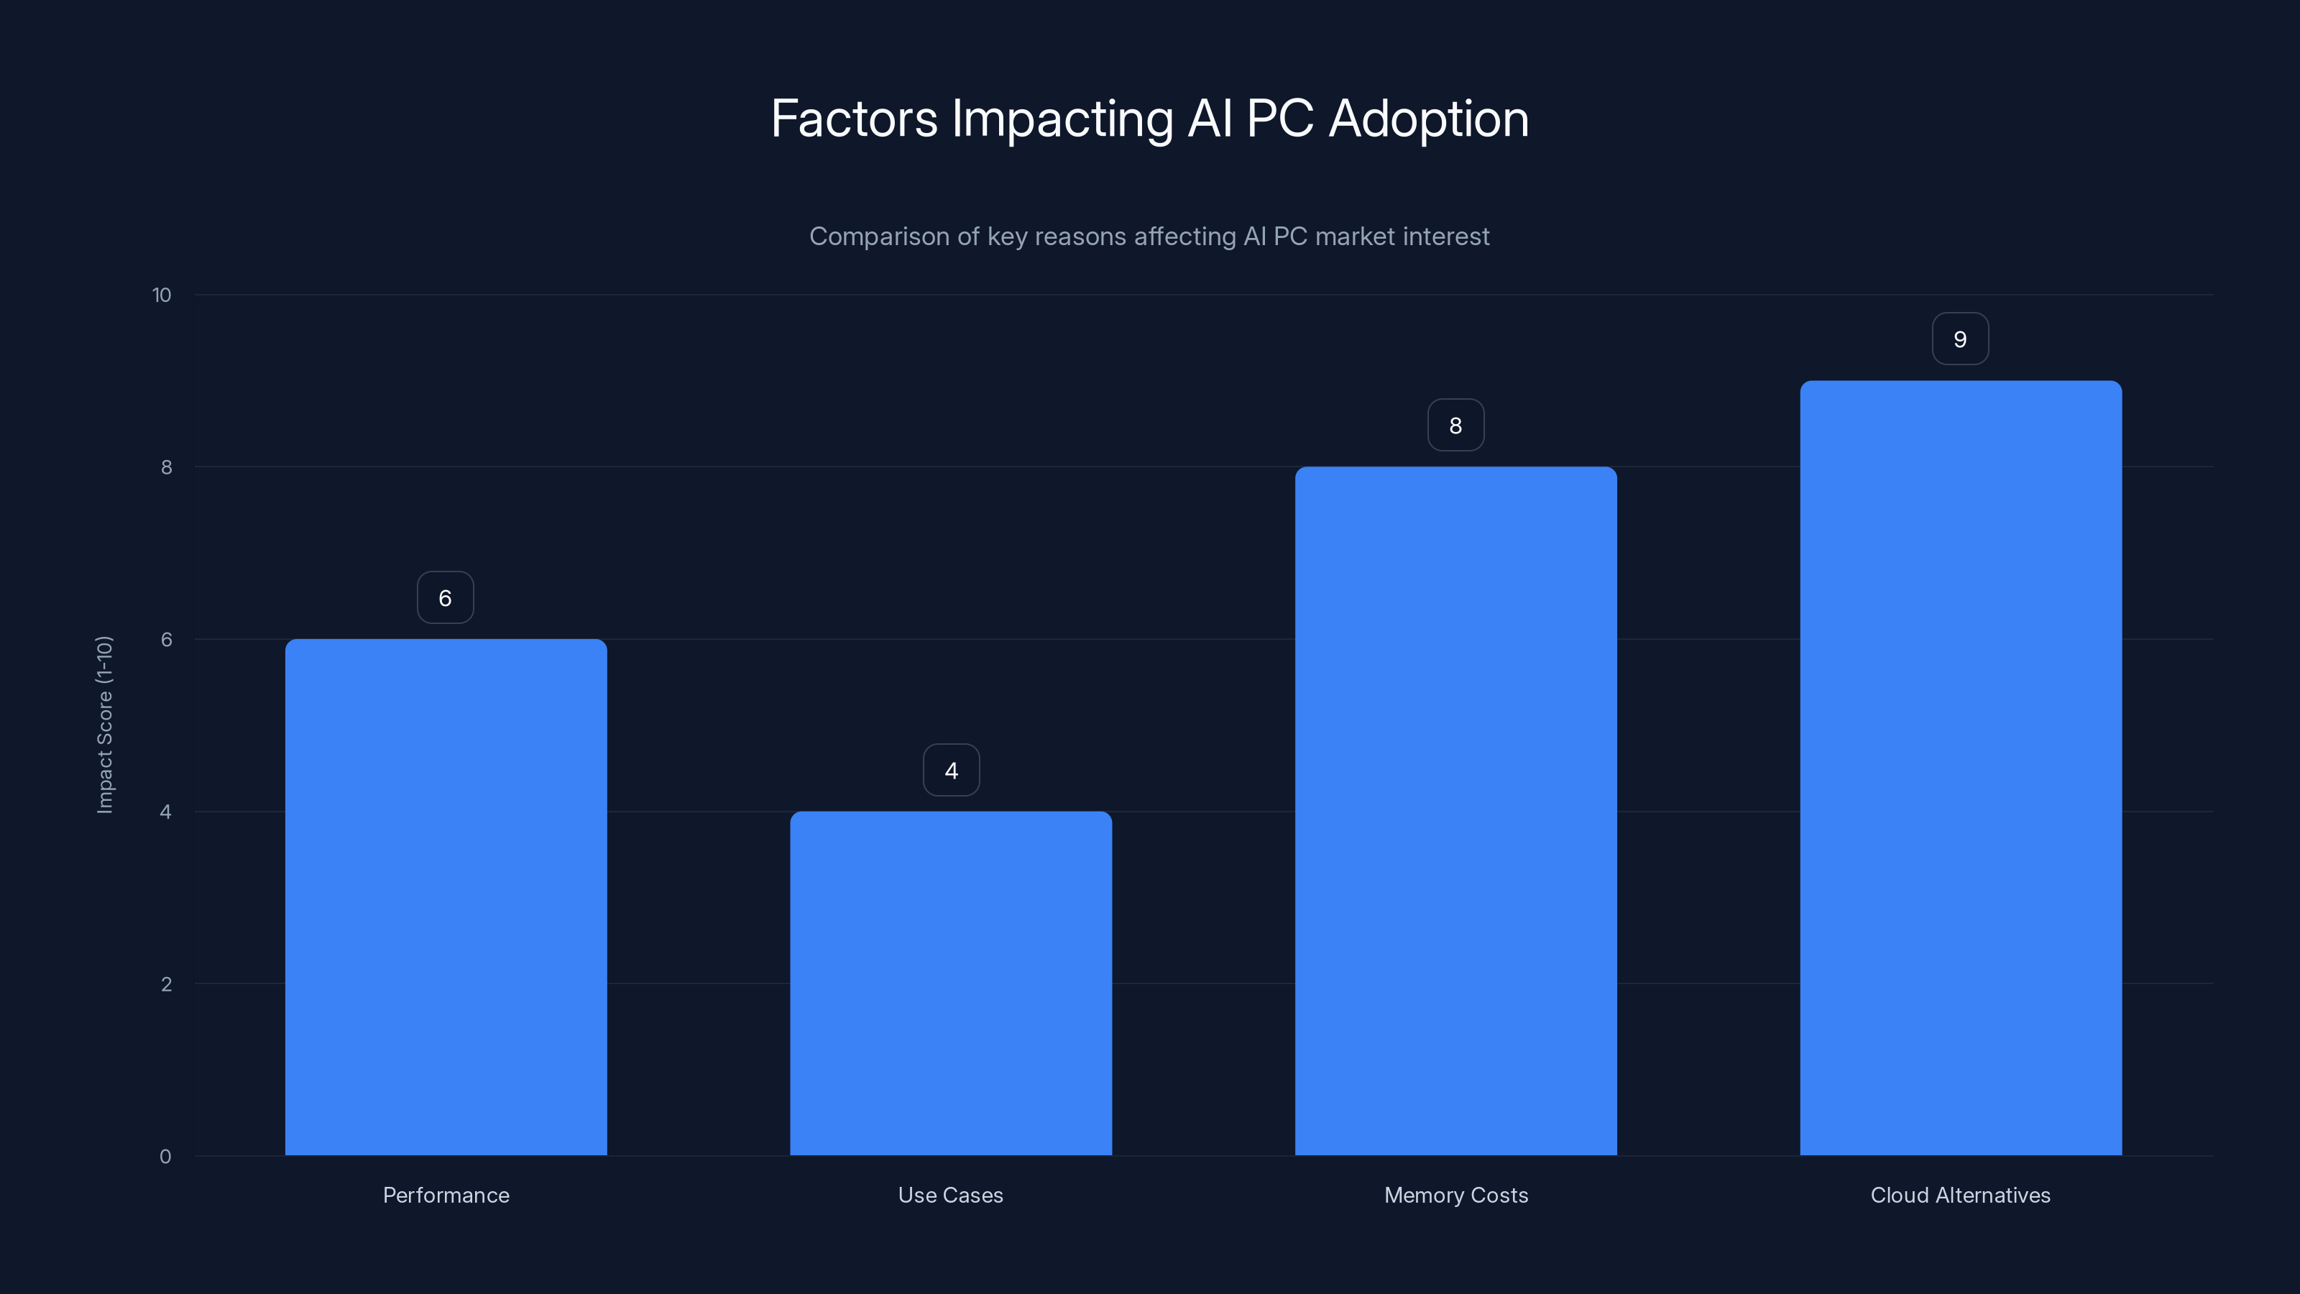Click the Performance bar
pyautogui.click(x=446, y=896)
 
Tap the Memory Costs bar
pyautogui.click(x=1455, y=811)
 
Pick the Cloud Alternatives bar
pyautogui.click(x=1960, y=768)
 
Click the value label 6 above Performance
pyautogui.click(x=446, y=597)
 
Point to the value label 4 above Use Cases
pyautogui.click(x=951, y=770)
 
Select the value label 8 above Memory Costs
pyautogui.click(x=1455, y=425)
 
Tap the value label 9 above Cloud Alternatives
pyautogui.click(x=1960, y=339)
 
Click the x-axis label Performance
pyautogui.click(x=446, y=1195)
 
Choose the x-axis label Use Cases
pyautogui.click(x=951, y=1195)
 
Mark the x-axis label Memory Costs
pyautogui.click(x=1455, y=1195)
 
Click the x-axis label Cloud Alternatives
pyautogui.click(x=1960, y=1195)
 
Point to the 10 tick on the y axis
pyautogui.click(x=162, y=295)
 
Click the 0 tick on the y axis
pyautogui.click(x=165, y=1157)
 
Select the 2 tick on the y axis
pyautogui.click(x=166, y=984)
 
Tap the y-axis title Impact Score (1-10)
pyautogui.click(x=104, y=724)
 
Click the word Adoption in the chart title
pyautogui.click(x=1429, y=119)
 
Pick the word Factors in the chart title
pyautogui.click(x=854, y=119)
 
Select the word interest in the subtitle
pyautogui.click(x=1450, y=237)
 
